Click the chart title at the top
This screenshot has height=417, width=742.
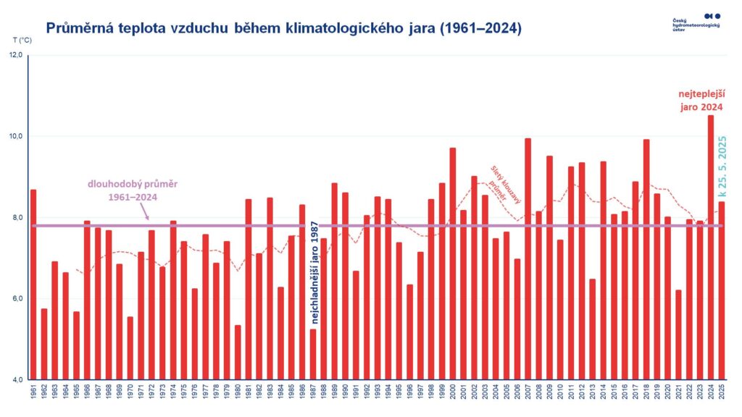pyautogui.click(x=283, y=29)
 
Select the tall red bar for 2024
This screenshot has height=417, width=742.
pyautogui.click(x=710, y=246)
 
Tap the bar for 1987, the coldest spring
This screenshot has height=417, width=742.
pyautogui.click(x=313, y=354)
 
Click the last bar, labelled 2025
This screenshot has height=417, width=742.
pyautogui.click(x=721, y=290)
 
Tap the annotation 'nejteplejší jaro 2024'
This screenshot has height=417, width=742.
pyautogui.click(x=700, y=101)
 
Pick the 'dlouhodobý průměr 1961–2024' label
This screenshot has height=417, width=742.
pyautogui.click(x=129, y=190)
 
